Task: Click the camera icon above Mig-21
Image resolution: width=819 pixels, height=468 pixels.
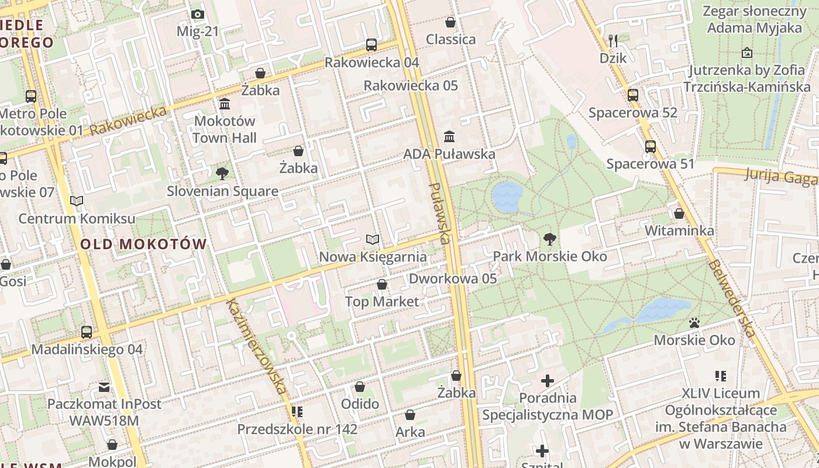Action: click(x=198, y=15)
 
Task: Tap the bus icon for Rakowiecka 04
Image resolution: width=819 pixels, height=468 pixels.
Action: click(x=371, y=44)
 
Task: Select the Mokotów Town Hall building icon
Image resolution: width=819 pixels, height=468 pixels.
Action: click(x=225, y=104)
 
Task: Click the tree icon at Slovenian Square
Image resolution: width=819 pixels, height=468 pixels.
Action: click(x=222, y=173)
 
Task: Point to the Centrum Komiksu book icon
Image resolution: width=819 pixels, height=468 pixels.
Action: click(x=77, y=201)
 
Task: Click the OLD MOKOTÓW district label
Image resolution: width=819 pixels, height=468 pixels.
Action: click(x=144, y=245)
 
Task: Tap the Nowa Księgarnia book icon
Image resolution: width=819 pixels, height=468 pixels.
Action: click(x=373, y=239)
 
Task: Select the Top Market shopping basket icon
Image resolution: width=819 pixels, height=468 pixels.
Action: click(x=382, y=284)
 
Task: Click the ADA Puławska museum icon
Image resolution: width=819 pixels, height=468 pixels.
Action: click(x=449, y=136)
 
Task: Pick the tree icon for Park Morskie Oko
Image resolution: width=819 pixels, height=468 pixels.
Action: click(x=549, y=239)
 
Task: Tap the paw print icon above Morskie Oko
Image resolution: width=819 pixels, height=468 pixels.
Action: click(x=694, y=322)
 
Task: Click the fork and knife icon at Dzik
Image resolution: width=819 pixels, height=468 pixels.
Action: click(x=613, y=40)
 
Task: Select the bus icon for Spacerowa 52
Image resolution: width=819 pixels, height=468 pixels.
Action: click(x=633, y=95)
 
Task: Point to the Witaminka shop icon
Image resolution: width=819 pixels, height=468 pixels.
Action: click(x=679, y=214)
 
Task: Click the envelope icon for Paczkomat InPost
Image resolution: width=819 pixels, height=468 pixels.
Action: click(x=104, y=387)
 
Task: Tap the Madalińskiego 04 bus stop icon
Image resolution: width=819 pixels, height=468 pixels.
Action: click(x=87, y=332)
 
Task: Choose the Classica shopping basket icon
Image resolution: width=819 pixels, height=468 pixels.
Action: click(x=450, y=22)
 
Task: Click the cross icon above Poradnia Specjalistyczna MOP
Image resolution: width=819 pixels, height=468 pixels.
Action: click(x=548, y=381)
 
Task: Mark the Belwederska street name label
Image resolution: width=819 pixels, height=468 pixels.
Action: click(x=731, y=298)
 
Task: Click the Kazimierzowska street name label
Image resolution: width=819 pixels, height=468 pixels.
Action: click(x=257, y=346)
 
